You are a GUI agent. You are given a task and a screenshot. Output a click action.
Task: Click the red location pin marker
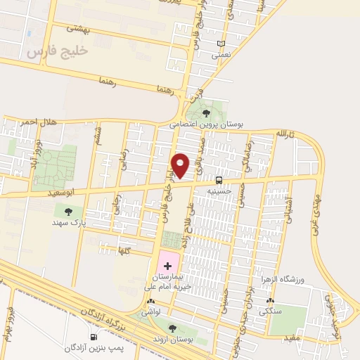point(181,165)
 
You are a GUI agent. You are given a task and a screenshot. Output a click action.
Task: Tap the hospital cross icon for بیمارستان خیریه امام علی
point(167,265)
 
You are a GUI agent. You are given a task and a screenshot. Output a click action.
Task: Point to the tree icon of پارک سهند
point(68,211)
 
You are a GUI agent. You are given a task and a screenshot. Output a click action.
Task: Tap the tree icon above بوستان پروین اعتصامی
point(205,113)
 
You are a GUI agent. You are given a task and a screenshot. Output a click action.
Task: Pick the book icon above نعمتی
point(221,43)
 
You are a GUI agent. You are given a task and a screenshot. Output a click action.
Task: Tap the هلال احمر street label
point(39,122)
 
